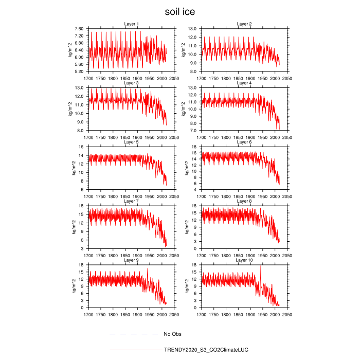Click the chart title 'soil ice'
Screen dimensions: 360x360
(180, 11)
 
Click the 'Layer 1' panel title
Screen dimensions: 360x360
(132, 24)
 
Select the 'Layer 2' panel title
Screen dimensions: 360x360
(244, 24)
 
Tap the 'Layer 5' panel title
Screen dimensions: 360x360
(132, 142)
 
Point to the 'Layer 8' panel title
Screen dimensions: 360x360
(244, 201)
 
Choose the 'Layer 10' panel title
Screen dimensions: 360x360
(244, 260)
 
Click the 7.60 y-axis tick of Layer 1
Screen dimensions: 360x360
(79, 29)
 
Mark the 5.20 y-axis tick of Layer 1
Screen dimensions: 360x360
(79, 71)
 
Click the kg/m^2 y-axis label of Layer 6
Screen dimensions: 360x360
(184, 168)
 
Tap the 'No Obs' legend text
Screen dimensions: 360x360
(172, 334)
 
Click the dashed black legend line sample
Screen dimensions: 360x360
(134, 334)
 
